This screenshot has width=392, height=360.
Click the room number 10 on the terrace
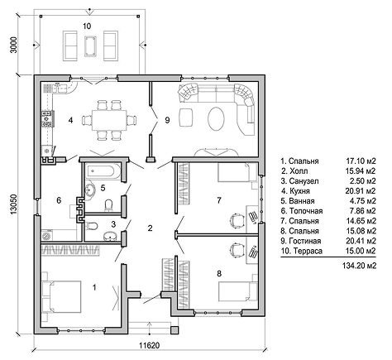click(87, 26)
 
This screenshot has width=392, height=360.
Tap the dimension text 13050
click(14, 204)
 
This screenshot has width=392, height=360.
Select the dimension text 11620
click(149, 345)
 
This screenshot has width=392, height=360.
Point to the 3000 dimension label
click(14, 45)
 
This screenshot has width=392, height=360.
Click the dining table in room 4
click(109, 120)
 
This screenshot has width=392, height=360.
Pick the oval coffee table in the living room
click(216, 119)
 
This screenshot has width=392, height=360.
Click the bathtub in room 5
click(103, 171)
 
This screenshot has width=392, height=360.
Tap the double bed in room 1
click(62, 297)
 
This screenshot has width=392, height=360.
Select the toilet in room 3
click(92, 226)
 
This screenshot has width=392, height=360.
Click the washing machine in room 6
click(48, 235)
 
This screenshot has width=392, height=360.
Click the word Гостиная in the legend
click(305, 241)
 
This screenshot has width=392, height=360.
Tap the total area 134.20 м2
click(359, 266)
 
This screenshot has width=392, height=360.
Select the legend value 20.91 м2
click(361, 191)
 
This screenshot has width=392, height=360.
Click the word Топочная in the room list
click(306, 211)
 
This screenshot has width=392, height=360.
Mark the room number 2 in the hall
click(150, 228)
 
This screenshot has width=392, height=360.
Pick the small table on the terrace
click(90, 46)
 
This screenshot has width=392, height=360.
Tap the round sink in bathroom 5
click(89, 190)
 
